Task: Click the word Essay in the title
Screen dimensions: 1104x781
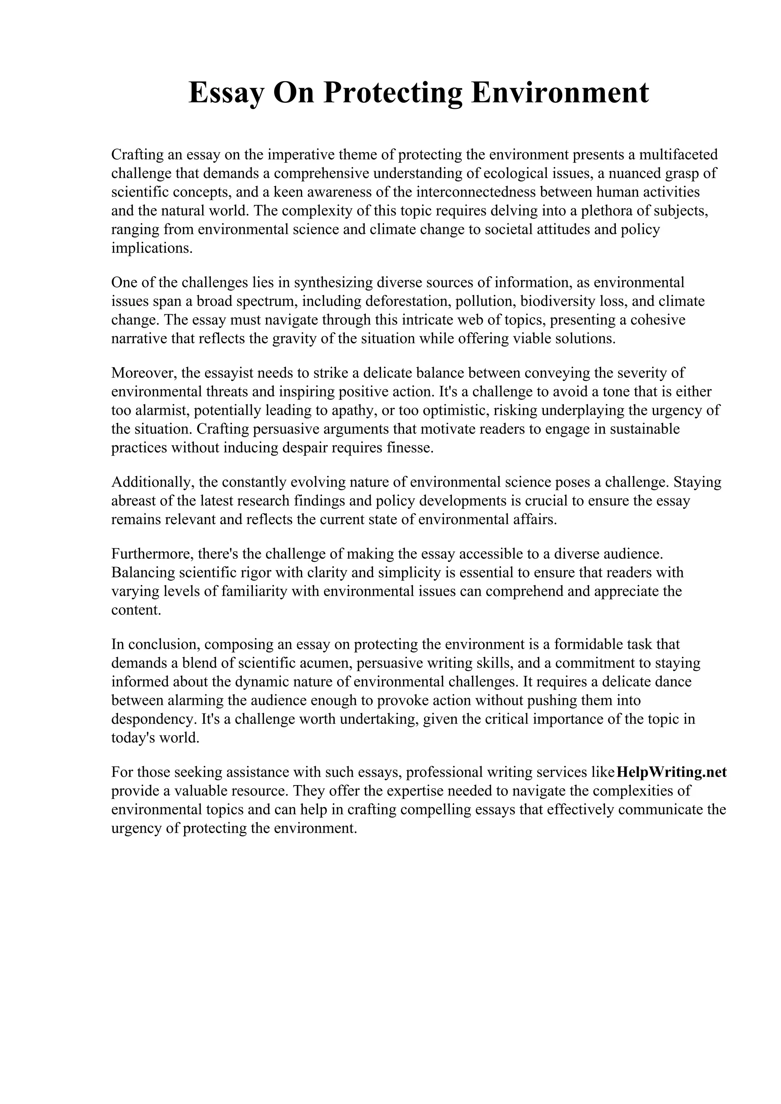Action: [x=226, y=93]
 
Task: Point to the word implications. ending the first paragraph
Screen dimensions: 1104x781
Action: [x=151, y=249]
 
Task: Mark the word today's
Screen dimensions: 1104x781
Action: [x=133, y=738]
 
